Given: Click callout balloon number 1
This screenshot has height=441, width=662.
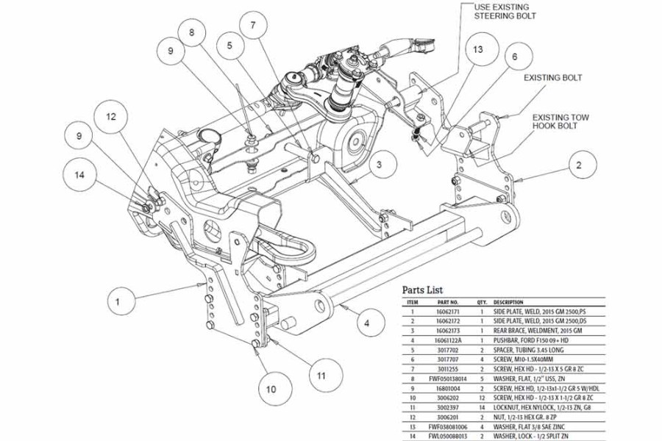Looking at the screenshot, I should pos(124,300).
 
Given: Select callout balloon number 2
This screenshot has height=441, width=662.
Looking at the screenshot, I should pos(580,165).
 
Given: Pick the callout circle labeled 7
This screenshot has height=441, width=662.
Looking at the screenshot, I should pos(253,27).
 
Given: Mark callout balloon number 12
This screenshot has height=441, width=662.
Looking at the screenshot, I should pos(111,116).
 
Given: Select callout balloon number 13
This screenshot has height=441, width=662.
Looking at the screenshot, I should pos(479,49).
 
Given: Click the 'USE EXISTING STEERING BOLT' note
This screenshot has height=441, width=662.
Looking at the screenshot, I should pos(505,11).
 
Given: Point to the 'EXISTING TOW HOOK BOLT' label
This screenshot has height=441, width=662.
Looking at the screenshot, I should pos(560,121).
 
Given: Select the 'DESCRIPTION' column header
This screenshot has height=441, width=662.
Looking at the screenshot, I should pos(510,302).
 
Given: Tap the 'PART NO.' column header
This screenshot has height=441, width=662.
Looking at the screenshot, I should pos(448,302).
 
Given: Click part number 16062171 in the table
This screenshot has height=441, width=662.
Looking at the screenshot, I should pos(448,312).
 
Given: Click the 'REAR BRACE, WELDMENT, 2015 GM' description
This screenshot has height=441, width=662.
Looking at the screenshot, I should pos(537,331).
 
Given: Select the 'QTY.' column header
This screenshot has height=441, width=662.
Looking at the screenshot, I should pos(482,302).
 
